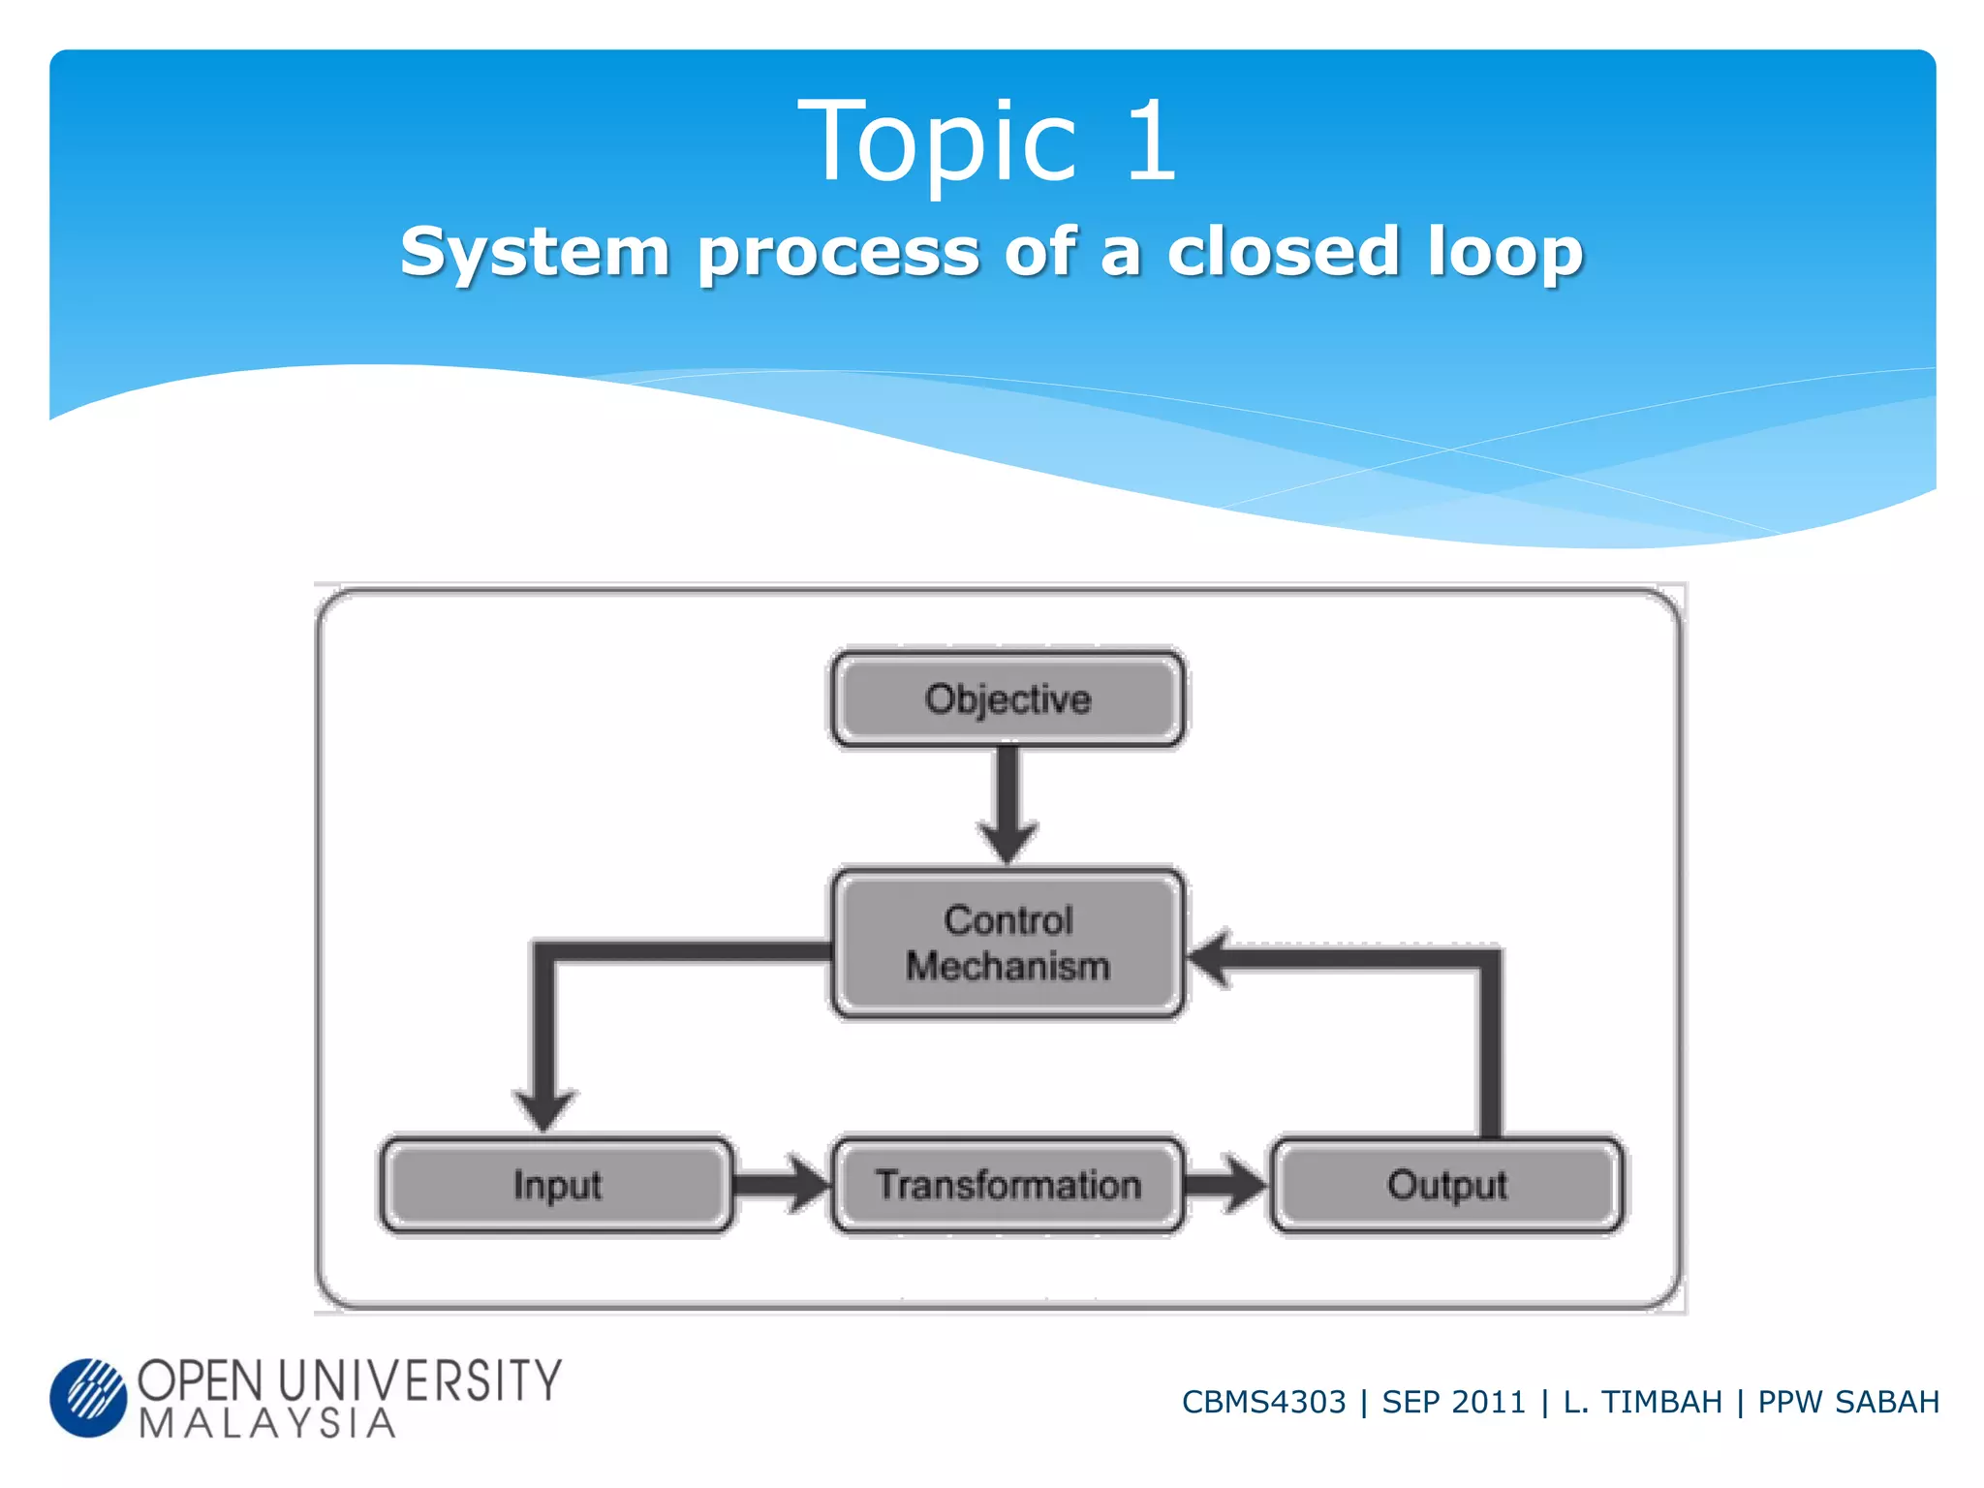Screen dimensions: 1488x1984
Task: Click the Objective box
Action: pos(1007,698)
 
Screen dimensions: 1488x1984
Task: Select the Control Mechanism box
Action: pos(1007,944)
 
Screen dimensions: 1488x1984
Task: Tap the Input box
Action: pos(556,1185)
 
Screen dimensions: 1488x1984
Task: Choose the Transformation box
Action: pos(1007,1185)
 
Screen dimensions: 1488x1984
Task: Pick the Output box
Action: pos(1446,1185)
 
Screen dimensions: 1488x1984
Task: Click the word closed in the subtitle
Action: pos(1284,252)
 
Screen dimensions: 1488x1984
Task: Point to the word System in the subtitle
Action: pos(535,252)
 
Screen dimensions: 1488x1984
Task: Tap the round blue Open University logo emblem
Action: pos(88,1397)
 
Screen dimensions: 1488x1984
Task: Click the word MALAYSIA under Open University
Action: pos(267,1423)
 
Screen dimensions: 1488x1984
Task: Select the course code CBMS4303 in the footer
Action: pos(1263,1402)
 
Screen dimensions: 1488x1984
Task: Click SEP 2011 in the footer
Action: pos(1453,1402)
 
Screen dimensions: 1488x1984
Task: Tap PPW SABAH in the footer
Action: pos(1847,1402)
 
